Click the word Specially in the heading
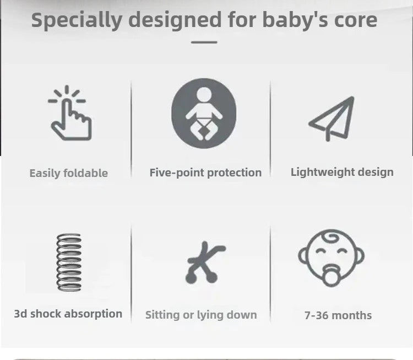pyautogui.click(x=77, y=20)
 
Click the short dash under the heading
pyautogui.click(x=204, y=42)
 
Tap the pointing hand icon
pyautogui.click(x=70, y=114)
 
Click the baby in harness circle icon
pyautogui.click(x=204, y=114)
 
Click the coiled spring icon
pyautogui.click(x=69, y=262)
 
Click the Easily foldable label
pyautogui.click(x=68, y=173)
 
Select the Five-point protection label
pyautogui.click(x=205, y=173)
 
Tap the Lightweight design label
pyautogui.click(x=342, y=172)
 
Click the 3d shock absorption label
pyautogui.click(x=68, y=314)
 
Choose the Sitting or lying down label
pyautogui.click(x=201, y=315)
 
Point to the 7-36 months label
pyautogui.click(x=338, y=315)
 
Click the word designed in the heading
pyautogui.click(x=175, y=20)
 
